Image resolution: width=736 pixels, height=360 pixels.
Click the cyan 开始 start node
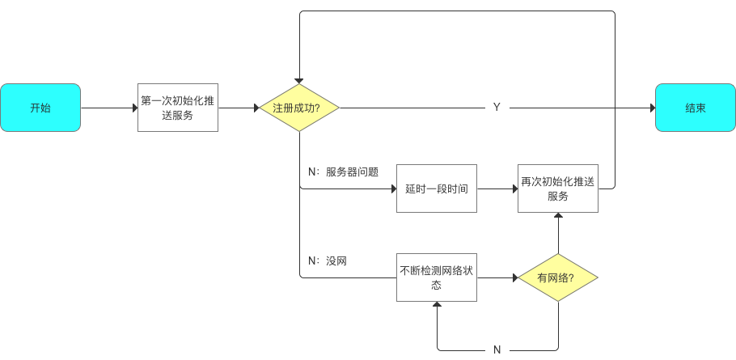pyautogui.click(x=40, y=108)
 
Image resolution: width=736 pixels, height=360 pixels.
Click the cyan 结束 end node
pyautogui.click(x=695, y=108)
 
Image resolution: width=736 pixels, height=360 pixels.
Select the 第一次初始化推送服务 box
pyautogui.click(x=177, y=108)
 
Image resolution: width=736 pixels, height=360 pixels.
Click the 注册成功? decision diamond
pyautogui.click(x=298, y=108)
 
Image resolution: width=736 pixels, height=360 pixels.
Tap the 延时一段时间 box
pyautogui.click(x=436, y=188)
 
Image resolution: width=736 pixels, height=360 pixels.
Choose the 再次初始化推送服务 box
pyautogui.click(x=558, y=188)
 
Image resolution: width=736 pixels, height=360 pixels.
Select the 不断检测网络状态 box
pyautogui.click(x=436, y=277)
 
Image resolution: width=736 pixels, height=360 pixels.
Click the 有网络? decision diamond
pyautogui.click(x=557, y=277)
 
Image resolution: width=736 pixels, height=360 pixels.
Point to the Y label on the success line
pyautogui.click(x=497, y=108)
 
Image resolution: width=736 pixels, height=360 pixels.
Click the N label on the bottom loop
pyautogui.click(x=497, y=350)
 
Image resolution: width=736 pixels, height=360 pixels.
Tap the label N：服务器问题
pyautogui.click(x=343, y=172)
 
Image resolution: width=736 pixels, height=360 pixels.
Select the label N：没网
pyautogui.click(x=328, y=260)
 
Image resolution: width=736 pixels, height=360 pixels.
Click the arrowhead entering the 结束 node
pyautogui.click(x=651, y=108)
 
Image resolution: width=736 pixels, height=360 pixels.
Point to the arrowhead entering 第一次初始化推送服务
pyautogui.click(x=134, y=108)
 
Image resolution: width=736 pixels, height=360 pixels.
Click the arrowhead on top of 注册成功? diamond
pyautogui.click(x=298, y=81)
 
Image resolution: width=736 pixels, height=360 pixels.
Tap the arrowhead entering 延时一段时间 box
pyautogui.click(x=392, y=188)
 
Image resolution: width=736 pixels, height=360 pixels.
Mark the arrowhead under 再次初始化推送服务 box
pyautogui.click(x=558, y=217)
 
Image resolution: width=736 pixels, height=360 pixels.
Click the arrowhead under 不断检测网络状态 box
pyautogui.click(x=437, y=306)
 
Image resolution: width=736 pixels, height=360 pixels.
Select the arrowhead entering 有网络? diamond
pyautogui.click(x=514, y=277)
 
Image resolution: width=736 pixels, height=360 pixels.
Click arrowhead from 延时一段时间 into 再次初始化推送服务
pyautogui.click(x=514, y=188)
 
